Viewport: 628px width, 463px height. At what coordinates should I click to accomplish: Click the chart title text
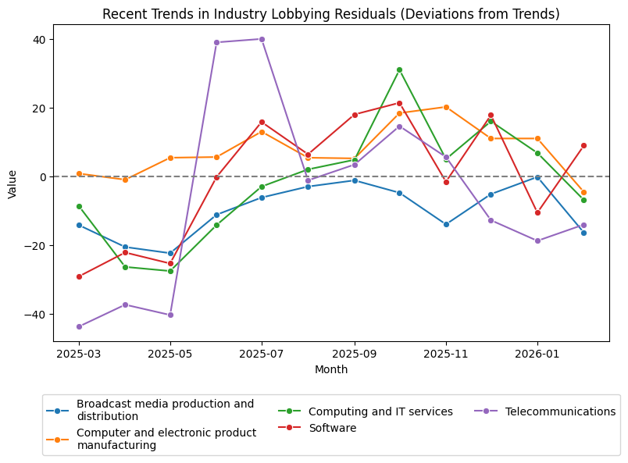coord(331,14)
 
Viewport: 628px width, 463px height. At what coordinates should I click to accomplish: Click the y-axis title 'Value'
coord(12,183)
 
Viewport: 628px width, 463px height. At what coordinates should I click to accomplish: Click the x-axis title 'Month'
coord(331,369)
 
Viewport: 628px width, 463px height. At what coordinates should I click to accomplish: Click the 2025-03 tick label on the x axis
coord(79,354)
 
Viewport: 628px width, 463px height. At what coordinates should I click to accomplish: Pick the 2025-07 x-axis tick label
coord(262,354)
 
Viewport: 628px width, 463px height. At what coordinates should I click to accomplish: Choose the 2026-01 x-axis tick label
coord(537,354)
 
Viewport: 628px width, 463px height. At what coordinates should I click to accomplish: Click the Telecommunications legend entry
coord(560,411)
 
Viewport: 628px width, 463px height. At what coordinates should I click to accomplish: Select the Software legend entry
coord(332,428)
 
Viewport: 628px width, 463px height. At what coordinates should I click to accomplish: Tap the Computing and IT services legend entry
coord(380,411)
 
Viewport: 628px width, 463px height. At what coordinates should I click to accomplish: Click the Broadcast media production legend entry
coord(165,410)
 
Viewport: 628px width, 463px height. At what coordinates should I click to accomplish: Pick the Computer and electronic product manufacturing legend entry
coord(166,439)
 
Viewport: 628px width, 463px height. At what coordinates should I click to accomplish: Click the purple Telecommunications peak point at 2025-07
coord(262,39)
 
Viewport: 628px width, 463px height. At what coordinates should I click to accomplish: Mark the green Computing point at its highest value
coord(399,69)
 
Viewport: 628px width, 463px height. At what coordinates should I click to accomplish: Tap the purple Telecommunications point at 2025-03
coord(79,326)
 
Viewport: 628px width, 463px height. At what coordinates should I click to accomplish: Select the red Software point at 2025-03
coord(79,276)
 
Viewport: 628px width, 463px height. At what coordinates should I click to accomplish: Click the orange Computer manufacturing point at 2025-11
coord(446,107)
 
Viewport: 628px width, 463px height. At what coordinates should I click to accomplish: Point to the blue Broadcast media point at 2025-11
coord(446,224)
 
